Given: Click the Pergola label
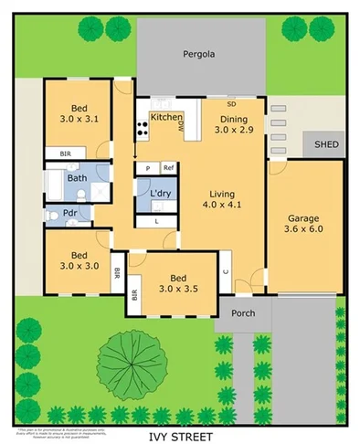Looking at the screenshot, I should point(198,54).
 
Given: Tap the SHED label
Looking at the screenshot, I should point(326,144).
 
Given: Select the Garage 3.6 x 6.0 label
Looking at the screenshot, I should point(303,225).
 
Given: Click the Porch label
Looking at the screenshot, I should point(243,313).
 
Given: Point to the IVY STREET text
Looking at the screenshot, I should point(180,436).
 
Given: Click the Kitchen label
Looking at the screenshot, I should point(165,117).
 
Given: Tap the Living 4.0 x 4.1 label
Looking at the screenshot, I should point(223,199).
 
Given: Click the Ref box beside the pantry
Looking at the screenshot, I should point(168,168).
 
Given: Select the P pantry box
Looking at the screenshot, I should point(146,168).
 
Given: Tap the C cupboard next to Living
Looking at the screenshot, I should point(225,272).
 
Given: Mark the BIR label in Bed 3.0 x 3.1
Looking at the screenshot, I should point(64,154).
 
